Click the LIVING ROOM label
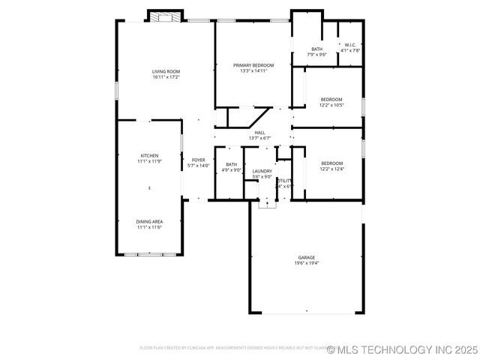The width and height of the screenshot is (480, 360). (166, 71)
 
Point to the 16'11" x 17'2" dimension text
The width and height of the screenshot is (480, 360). (166, 76)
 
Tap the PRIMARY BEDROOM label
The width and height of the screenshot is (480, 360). (253, 66)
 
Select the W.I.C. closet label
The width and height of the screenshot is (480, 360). (350, 45)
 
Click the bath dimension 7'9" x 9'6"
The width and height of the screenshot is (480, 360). (317, 55)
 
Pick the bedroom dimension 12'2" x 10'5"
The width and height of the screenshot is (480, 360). (331, 105)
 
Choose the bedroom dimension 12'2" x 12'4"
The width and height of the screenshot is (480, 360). (331, 169)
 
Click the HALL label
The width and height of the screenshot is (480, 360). (259, 133)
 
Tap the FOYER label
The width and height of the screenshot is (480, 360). (199, 160)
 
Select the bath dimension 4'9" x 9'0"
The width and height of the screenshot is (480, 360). (232, 170)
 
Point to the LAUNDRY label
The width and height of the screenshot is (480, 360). (262, 171)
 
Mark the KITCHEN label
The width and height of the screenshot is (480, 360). (149, 155)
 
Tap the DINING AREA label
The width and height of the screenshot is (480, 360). (149, 221)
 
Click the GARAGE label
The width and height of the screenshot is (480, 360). (306, 257)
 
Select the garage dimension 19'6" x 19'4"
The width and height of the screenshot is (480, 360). (306, 263)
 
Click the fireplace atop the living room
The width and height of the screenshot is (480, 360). (165, 16)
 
